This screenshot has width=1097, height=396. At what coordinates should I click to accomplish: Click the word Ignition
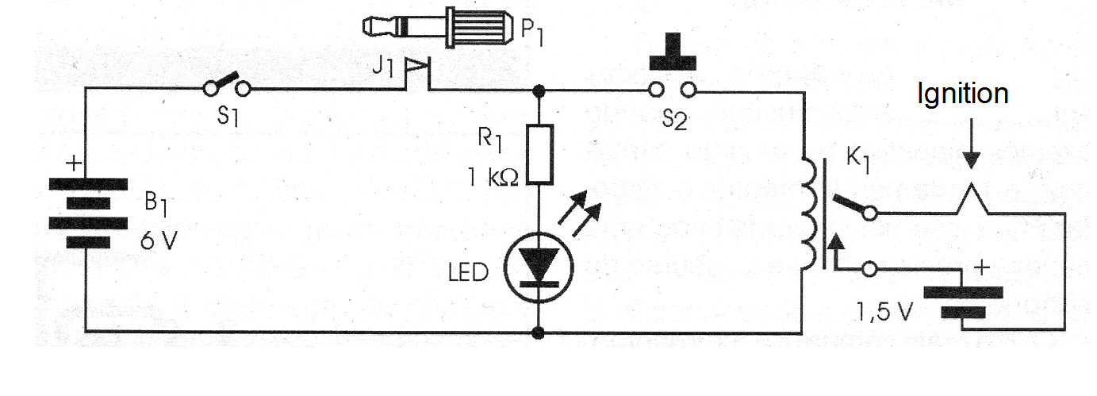pyautogui.click(x=962, y=94)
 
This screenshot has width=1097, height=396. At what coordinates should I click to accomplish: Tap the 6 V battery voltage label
pyautogui.click(x=159, y=240)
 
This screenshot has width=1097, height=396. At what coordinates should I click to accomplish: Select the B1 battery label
pyautogui.click(x=156, y=204)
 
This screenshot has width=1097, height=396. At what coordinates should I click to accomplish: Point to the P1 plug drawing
pyautogui.click(x=438, y=28)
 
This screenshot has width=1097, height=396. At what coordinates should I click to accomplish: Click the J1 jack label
pyautogui.click(x=382, y=67)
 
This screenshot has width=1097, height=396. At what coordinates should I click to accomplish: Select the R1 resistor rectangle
pyautogui.click(x=539, y=155)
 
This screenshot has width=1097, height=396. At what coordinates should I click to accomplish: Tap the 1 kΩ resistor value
pyautogui.click(x=493, y=177)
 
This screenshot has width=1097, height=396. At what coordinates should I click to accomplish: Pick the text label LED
pyautogui.click(x=468, y=272)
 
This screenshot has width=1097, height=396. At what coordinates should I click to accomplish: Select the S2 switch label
pyautogui.click(x=674, y=119)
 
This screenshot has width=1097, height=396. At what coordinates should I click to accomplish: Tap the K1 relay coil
pyautogui.click(x=810, y=213)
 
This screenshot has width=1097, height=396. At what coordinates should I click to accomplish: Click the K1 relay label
pyautogui.click(x=858, y=160)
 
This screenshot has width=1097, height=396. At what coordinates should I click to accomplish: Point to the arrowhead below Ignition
pyautogui.click(x=971, y=161)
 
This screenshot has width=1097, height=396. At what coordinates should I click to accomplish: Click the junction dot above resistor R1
pyautogui.click(x=539, y=91)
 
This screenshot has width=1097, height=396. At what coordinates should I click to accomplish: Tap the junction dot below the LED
pyautogui.click(x=539, y=333)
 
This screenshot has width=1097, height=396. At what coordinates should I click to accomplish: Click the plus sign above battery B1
pyautogui.click(x=74, y=163)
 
